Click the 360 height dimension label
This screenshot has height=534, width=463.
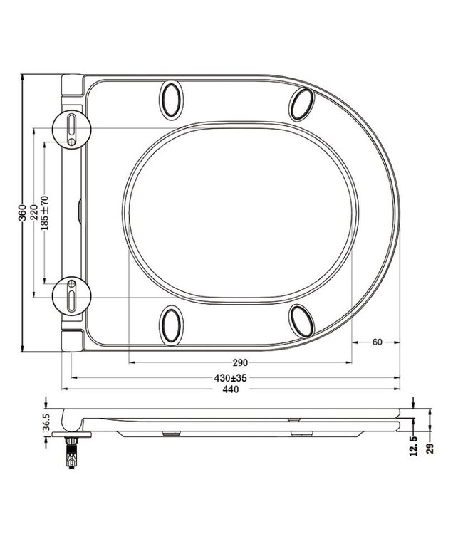(x=22, y=211)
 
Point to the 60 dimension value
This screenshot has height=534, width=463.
(x=377, y=342)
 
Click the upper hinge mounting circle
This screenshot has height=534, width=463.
(x=73, y=129)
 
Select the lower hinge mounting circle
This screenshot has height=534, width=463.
(x=73, y=293)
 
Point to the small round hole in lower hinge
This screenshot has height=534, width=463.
(x=72, y=283)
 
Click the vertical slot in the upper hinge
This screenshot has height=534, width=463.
(x=72, y=125)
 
